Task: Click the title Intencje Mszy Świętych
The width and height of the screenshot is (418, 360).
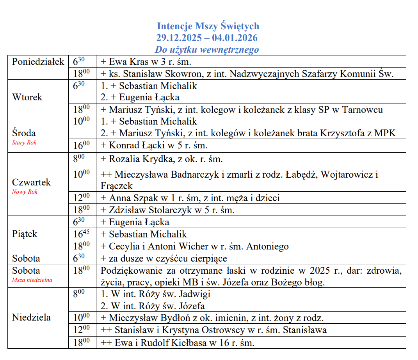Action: tap(208, 26)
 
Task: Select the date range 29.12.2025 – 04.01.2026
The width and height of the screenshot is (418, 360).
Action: tap(207, 38)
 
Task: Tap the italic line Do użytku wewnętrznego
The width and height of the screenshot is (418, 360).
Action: tap(207, 50)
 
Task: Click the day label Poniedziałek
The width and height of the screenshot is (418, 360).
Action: tap(38, 62)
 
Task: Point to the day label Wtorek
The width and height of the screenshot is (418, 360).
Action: tap(27, 97)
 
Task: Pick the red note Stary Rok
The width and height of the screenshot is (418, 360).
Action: tap(24, 143)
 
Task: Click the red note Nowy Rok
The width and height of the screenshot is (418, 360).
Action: tap(25, 192)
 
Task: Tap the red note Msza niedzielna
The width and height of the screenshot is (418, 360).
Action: tap(32, 280)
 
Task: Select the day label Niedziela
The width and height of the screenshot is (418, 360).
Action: tap(31, 317)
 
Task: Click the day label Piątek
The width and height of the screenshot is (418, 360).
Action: tap(25, 234)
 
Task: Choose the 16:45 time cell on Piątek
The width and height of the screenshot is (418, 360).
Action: tap(82, 234)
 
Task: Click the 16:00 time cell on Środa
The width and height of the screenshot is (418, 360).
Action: tap(82, 146)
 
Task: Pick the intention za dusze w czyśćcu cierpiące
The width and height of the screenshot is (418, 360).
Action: tap(164, 258)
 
